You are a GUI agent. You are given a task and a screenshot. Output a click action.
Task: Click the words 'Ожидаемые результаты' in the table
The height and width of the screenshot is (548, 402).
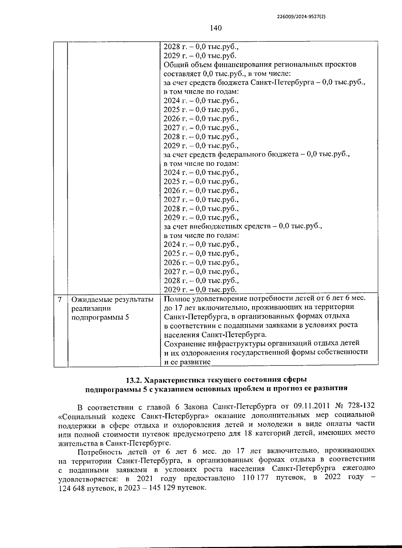point(113,299)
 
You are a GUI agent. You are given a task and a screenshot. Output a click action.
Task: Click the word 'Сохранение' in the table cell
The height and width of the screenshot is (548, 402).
point(185,343)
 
